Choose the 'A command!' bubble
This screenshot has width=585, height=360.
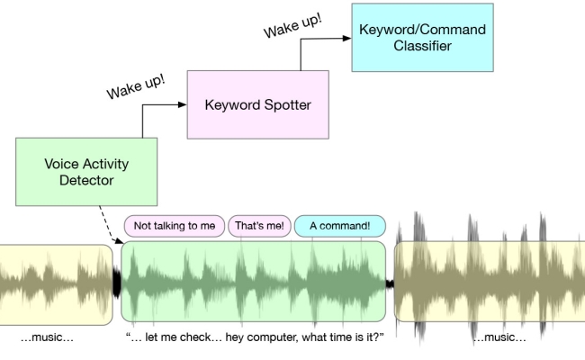339,225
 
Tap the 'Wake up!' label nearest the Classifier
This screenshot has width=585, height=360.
293,22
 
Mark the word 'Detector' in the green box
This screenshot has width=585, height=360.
87,181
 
